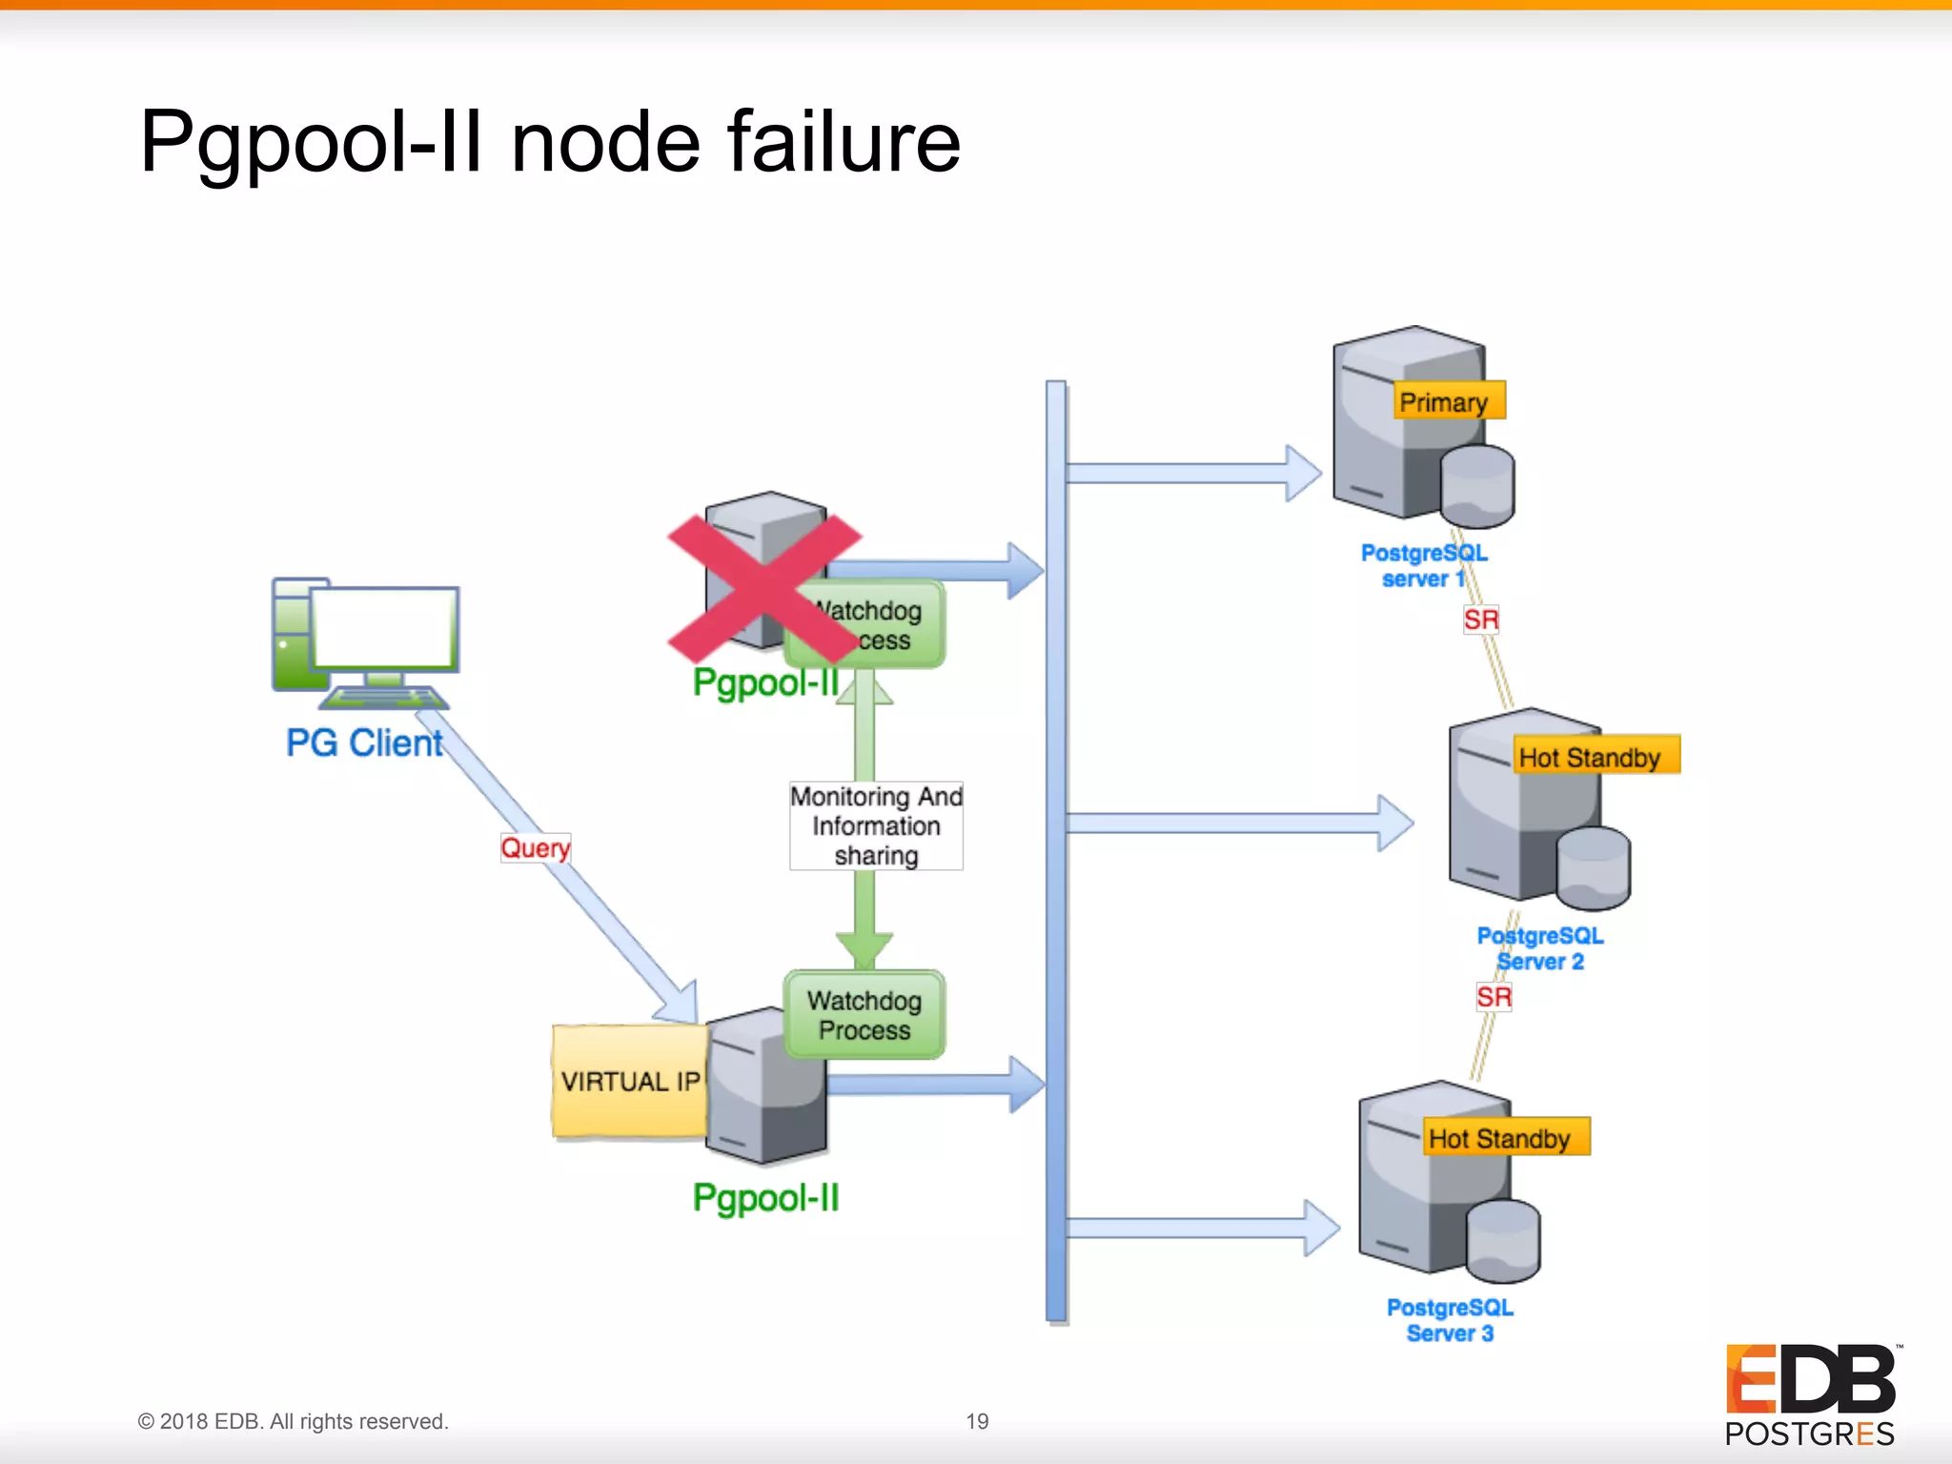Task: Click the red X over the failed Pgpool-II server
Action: (x=763, y=588)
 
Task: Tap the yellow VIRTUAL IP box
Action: (x=629, y=1081)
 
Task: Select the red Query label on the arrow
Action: (x=535, y=847)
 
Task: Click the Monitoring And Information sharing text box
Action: (x=876, y=825)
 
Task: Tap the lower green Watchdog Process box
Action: (x=864, y=1015)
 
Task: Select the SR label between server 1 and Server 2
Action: (x=1480, y=620)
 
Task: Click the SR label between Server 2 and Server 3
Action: (x=1494, y=997)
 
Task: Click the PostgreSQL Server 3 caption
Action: (x=1450, y=1320)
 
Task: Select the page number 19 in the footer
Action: (x=977, y=1421)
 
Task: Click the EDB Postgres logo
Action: (x=1810, y=1393)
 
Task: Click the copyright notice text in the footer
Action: (x=293, y=1421)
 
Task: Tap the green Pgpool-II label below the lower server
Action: (x=765, y=1198)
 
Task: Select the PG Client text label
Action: (x=364, y=742)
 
